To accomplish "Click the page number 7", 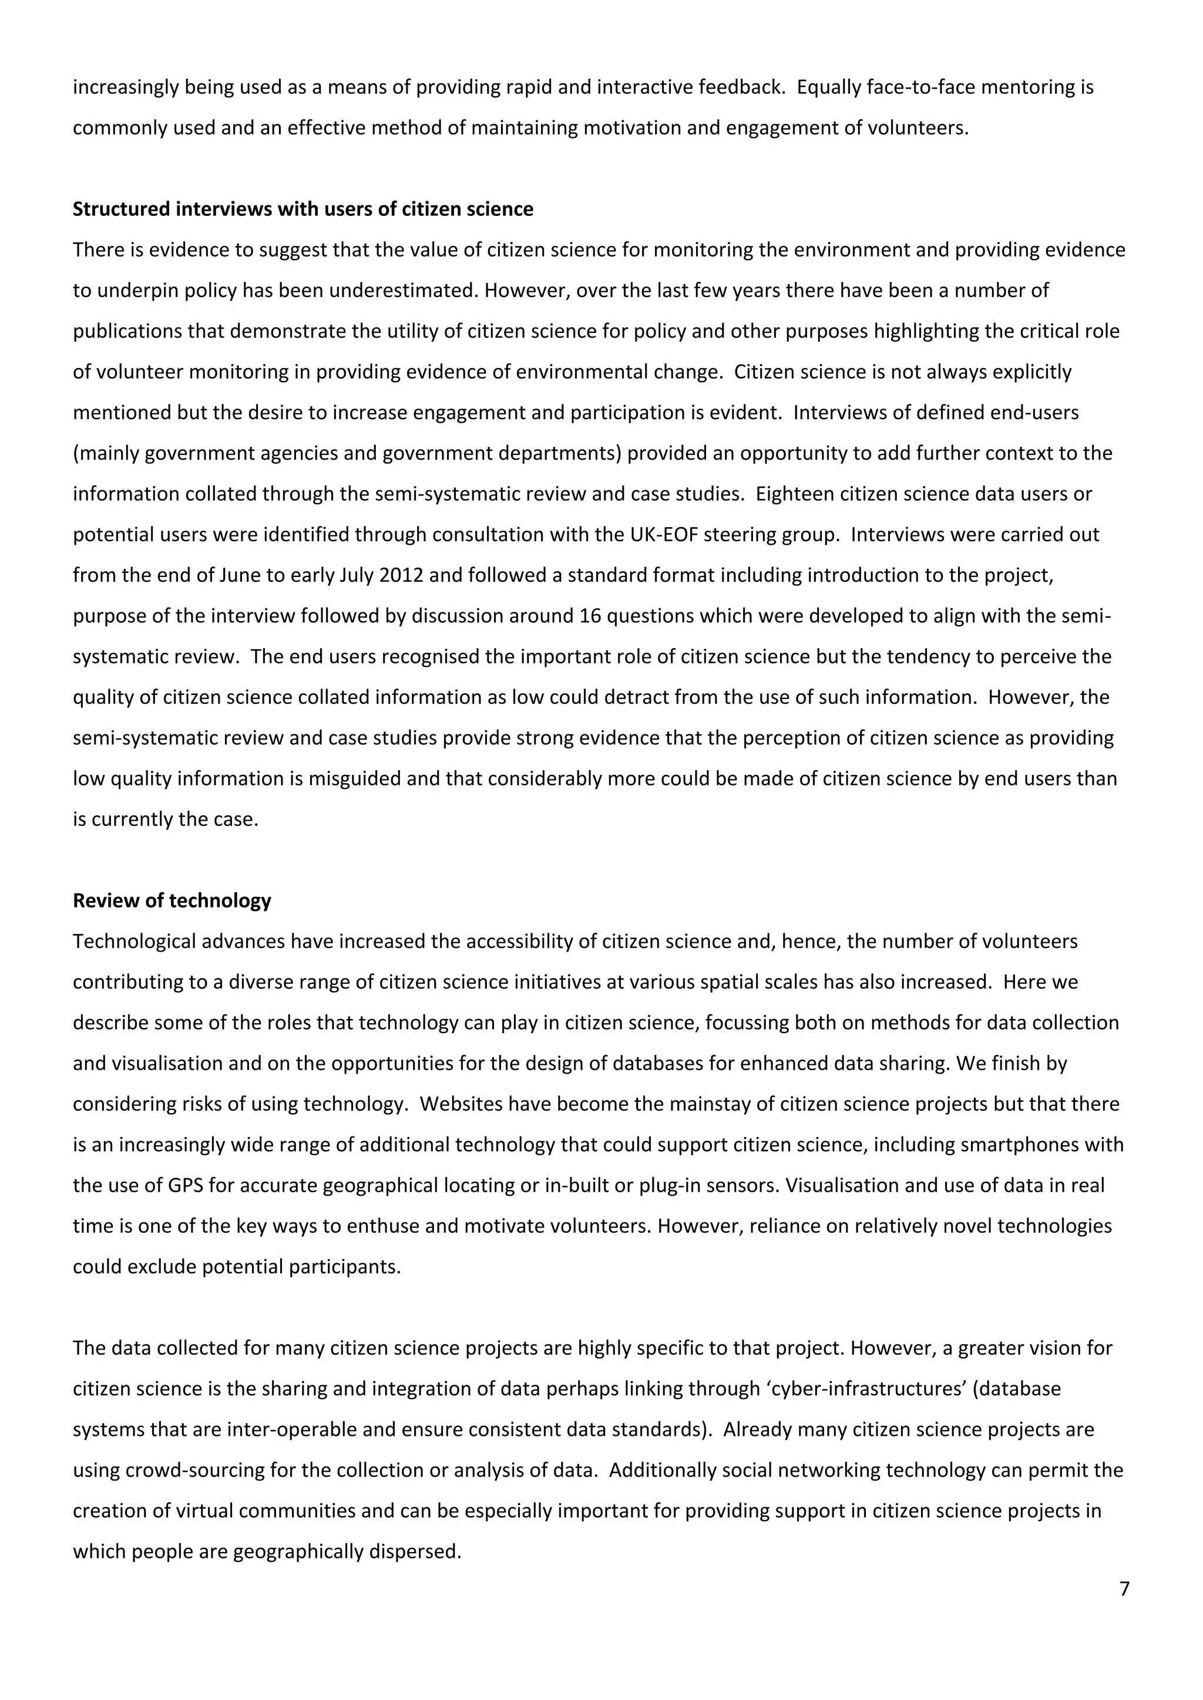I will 1124,1589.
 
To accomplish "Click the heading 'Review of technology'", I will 172,900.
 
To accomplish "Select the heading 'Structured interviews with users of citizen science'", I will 303,210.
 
